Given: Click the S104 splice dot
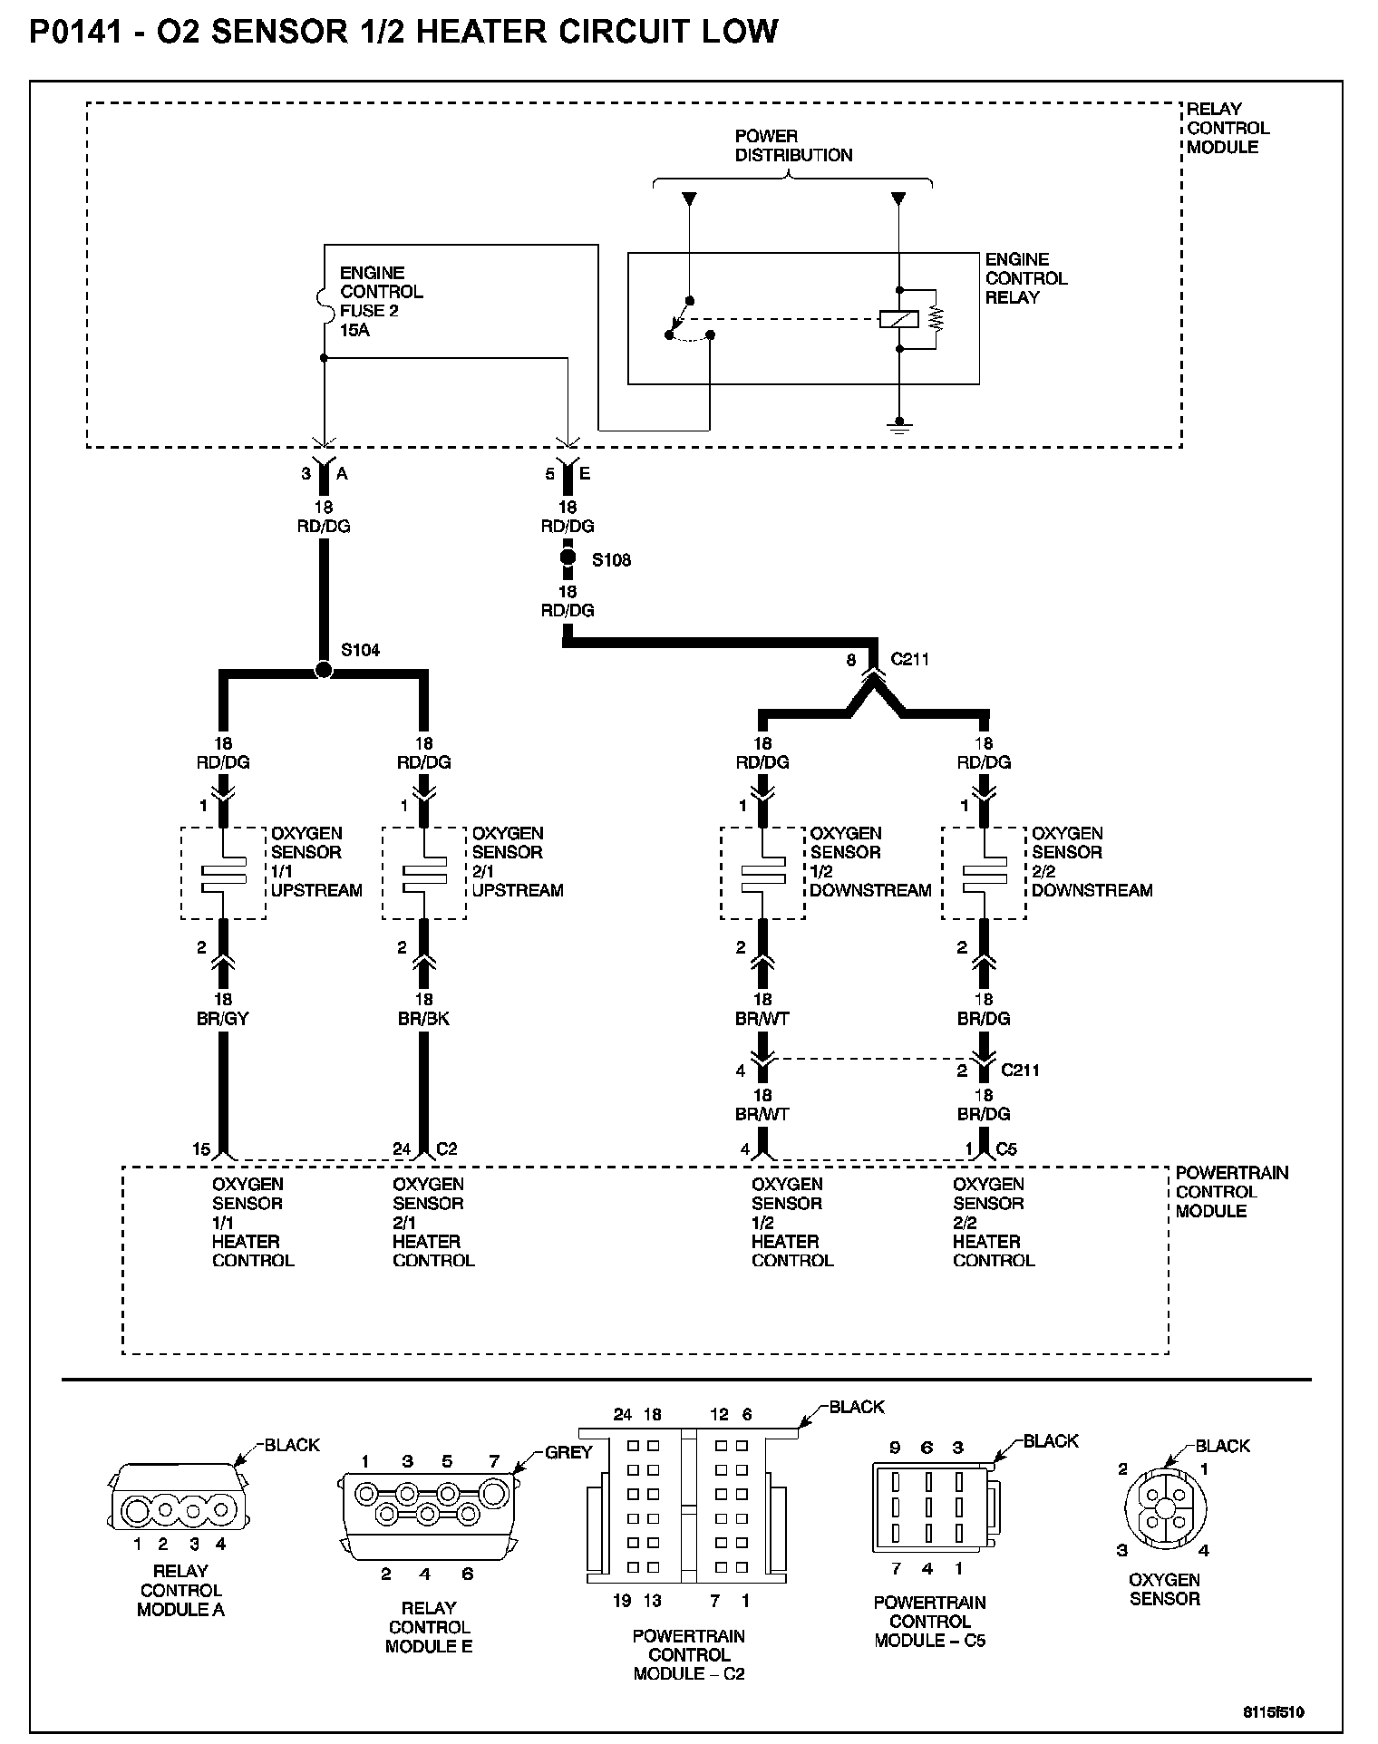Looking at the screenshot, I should pyautogui.click(x=323, y=671).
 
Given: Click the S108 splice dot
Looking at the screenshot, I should pyautogui.click(x=568, y=557).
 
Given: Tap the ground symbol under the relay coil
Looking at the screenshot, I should pyautogui.click(x=899, y=424).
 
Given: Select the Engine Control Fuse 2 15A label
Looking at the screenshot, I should pyautogui.click(x=381, y=301).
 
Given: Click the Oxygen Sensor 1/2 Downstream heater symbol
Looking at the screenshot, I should pyautogui.click(x=763, y=872).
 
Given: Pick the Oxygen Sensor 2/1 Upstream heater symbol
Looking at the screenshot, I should pyautogui.click(x=423, y=872).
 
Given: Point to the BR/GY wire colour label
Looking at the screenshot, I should pyautogui.click(x=223, y=1018).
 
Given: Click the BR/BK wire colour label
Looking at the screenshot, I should pyautogui.click(x=423, y=1018).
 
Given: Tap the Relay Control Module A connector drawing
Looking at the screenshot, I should pyautogui.click(x=179, y=1509).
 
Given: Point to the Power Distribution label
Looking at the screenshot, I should pyautogui.click(x=793, y=145).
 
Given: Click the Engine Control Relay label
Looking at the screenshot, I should pyautogui.click(x=1025, y=278).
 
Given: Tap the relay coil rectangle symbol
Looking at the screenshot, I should pyautogui.click(x=899, y=319).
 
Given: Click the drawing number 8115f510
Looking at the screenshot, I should pyautogui.click(x=1274, y=1711).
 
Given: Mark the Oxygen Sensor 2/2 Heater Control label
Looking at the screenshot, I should pyautogui.click(x=993, y=1222).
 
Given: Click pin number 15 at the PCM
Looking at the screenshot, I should pyautogui.click(x=201, y=1148).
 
